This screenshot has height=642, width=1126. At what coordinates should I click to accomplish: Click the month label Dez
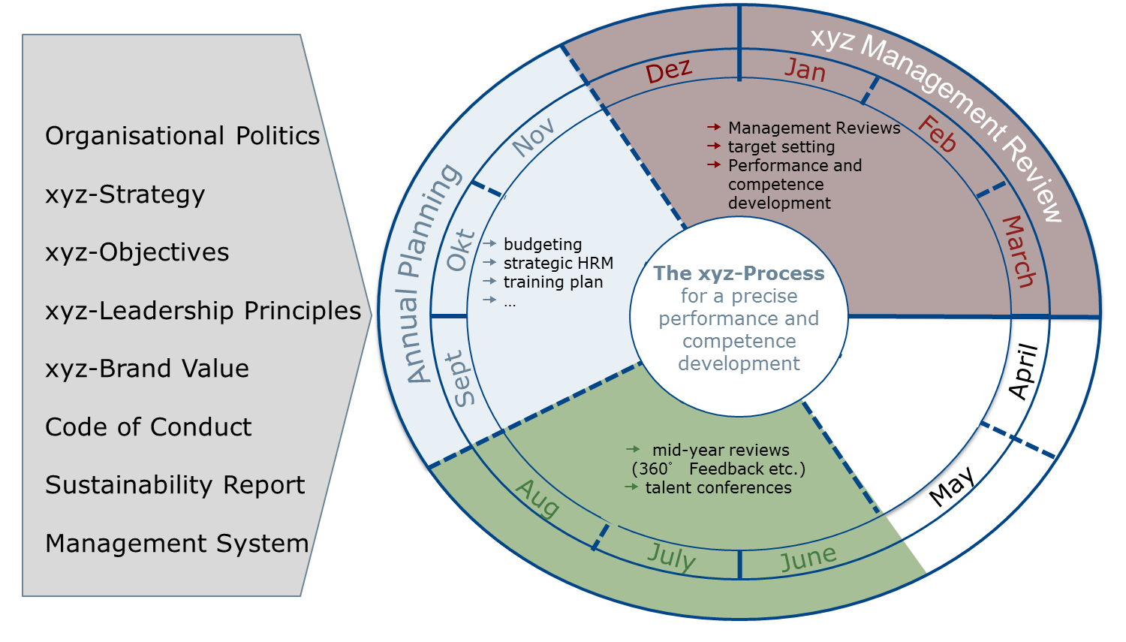[x=668, y=71]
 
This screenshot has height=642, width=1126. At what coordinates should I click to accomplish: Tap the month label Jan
[x=805, y=70]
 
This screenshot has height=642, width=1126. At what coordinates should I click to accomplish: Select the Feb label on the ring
[x=937, y=134]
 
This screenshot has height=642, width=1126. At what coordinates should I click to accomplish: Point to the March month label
[x=1019, y=251]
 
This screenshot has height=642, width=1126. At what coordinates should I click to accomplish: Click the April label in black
[x=1022, y=371]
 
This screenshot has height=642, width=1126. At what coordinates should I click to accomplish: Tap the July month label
[x=671, y=556]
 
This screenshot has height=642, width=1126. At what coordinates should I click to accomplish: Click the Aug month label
[x=537, y=499]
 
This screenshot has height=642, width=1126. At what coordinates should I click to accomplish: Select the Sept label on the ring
[x=459, y=379]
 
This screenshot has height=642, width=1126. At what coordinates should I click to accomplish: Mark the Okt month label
[x=460, y=250]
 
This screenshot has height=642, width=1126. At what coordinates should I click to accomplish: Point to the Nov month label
[x=534, y=137]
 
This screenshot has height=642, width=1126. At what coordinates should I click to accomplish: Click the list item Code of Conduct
[x=148, y=427]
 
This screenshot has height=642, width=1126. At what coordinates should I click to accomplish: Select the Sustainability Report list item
[x=175, y=485]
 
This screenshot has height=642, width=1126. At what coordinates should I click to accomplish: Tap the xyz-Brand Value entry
[x=146, y=369]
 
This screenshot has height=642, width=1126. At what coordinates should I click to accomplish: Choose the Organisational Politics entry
[x=182, y=136]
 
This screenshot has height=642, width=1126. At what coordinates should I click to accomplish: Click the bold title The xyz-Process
[x=739, y=273]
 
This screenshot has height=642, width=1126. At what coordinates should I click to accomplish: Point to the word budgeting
[x=543, y=244]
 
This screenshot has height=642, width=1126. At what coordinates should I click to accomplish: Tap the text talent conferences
[x=718, y=487]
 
